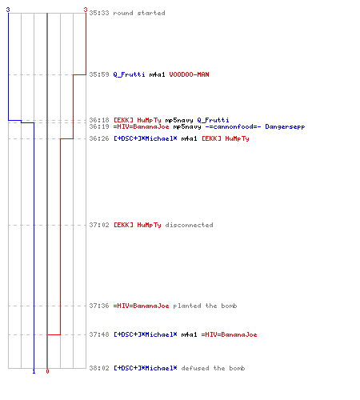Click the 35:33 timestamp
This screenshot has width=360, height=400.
(x=99, y=13)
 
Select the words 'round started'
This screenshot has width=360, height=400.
(x=139, y=13)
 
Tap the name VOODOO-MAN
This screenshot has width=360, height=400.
(x=189, y=74)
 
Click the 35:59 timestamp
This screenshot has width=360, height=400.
(x=99, y=74)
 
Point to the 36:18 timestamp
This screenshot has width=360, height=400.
(x=99, y=120)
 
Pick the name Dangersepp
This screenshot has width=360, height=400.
(x=285, y=126)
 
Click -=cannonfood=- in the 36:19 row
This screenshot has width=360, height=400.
(x=233, y=126)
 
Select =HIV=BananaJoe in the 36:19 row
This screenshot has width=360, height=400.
(x=141, y=126)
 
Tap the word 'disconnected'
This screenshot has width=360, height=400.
(x=189, y=225)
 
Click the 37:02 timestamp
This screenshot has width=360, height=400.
(x=99, y=225)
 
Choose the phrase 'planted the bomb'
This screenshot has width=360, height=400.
(x=205, y=306)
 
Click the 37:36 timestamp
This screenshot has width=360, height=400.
(x=99, y=306)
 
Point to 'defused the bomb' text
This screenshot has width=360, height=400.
(x=213, y=368)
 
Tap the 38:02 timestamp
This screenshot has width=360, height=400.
(x=99, y=368)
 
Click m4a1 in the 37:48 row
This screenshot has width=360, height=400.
(x=189, y=334)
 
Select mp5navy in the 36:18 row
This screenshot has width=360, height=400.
(x=179, y=120)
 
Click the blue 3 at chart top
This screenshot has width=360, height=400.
(x=8, y=10)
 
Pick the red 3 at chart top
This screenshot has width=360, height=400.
(x=86, y=10)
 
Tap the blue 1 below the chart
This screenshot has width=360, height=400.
(x=34, y=371)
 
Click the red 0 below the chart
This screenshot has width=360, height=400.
(x=47, y=371)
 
